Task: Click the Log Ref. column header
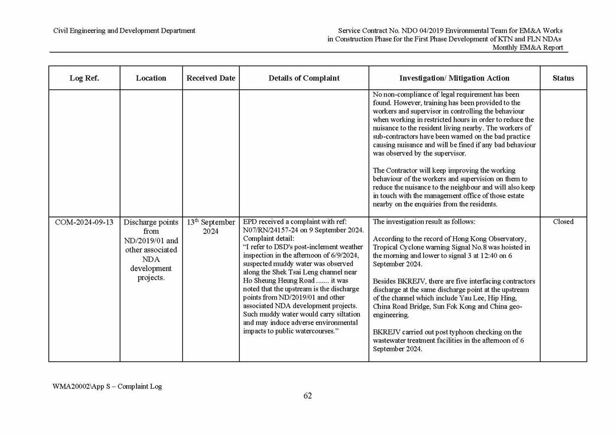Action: click(x=84, y=78)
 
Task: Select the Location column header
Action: click(x=151, y=78)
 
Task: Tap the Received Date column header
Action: click(x=211, y=78)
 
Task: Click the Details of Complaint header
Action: click(x=304, y=78)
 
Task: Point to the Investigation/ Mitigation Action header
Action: click(x=454, y=78)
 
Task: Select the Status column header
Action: click(x=563, y=78)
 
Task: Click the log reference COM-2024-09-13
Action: click(x=84, y=222)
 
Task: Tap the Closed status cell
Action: click(x=563, y=222)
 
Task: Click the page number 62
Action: click(x=308, y=396)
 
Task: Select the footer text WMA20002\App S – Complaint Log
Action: click(x=108, y=386)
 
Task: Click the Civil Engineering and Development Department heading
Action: click(x=124, y=31)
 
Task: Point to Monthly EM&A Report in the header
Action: click(x=528, y=47)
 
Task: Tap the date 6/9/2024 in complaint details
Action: click(x=342, y=255)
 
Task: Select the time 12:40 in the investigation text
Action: click(x=491, y=255)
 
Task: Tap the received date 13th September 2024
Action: click(x=211, y=226)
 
